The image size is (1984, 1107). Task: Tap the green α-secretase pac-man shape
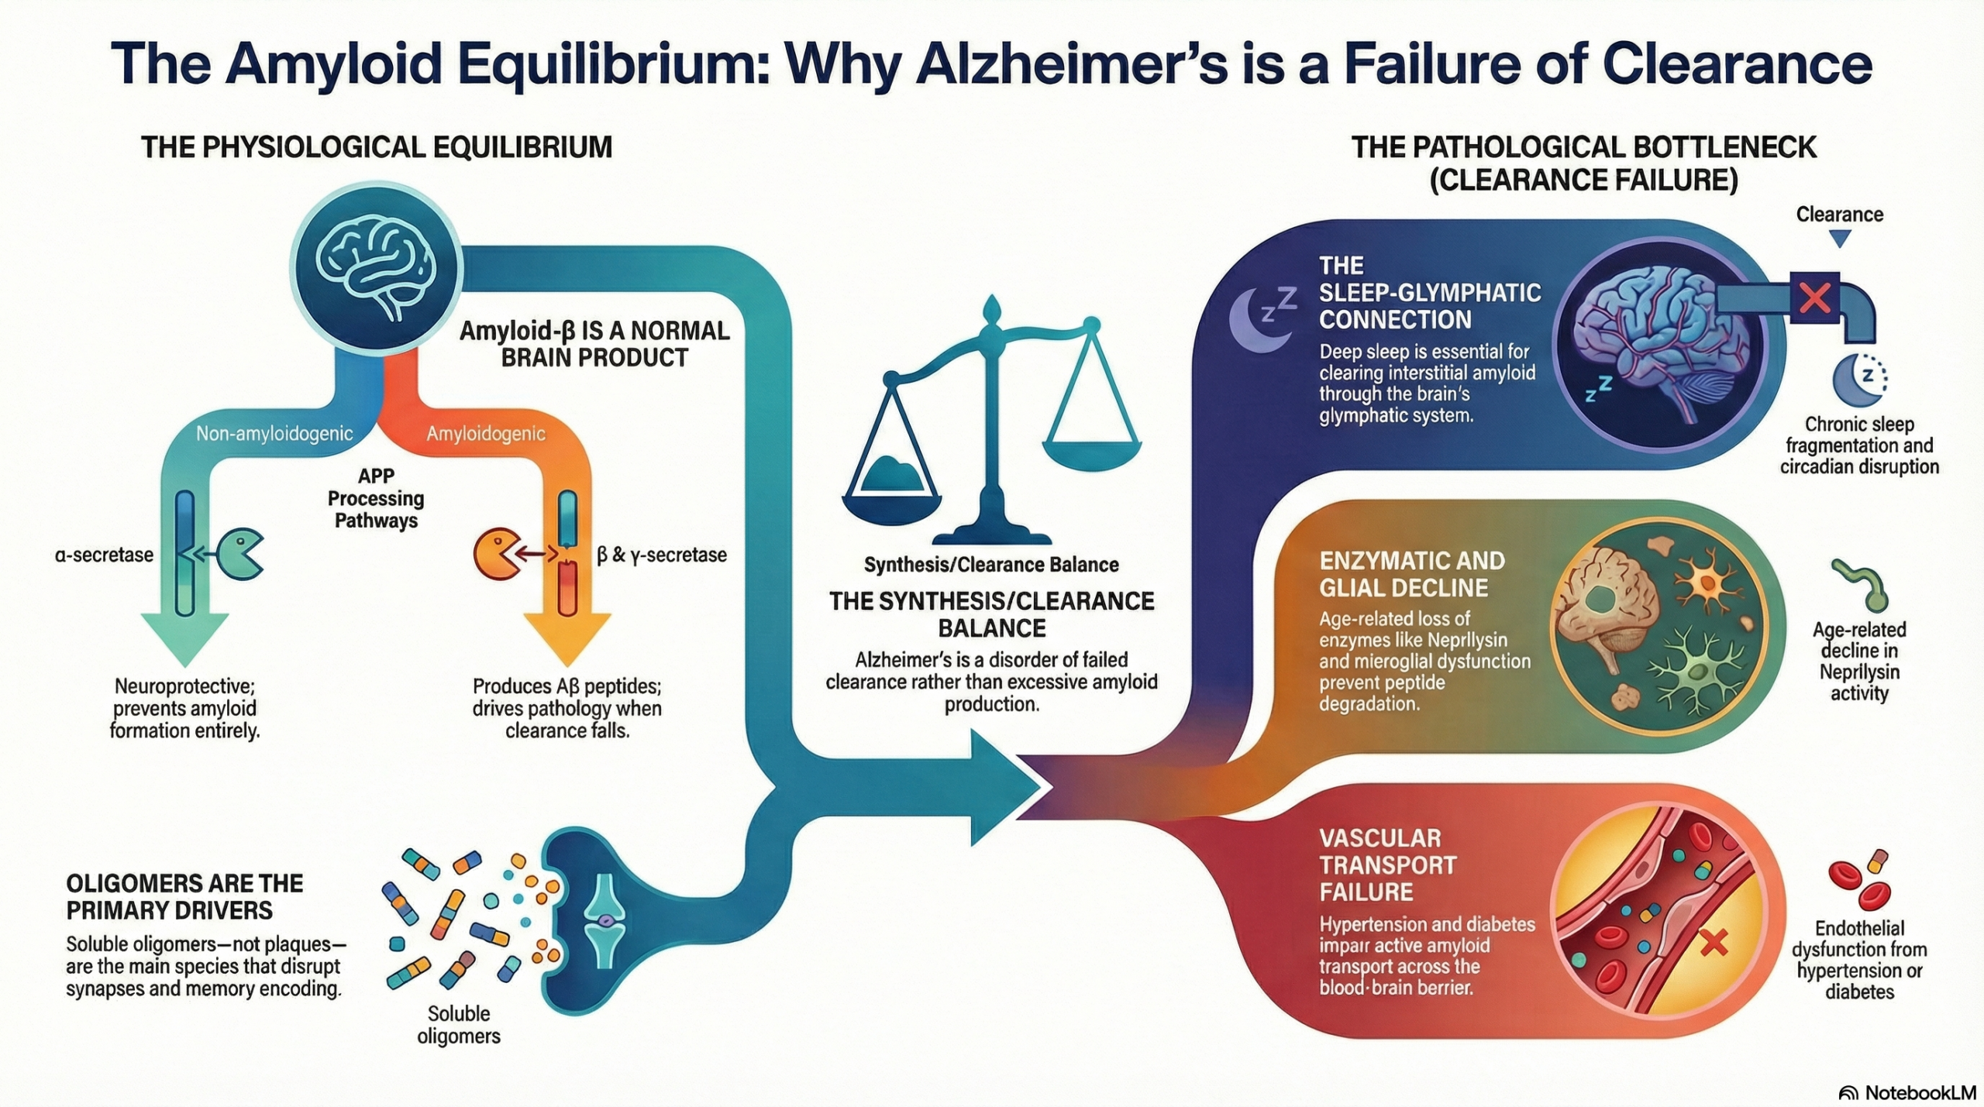(x=239, y=555)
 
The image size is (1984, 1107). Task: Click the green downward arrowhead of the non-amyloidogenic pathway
(x=184, y=637)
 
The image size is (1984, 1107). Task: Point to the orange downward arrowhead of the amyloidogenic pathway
(x=567, y=637)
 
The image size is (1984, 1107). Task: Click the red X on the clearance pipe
(x=1814, y=297)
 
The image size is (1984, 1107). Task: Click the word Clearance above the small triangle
(x=1839, y=215)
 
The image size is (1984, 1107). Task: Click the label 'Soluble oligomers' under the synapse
(x=459, y=1024)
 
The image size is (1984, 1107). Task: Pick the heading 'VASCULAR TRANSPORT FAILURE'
(x=1386, y=865)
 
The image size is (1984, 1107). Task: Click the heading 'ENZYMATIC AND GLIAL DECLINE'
(x=1411, y=574)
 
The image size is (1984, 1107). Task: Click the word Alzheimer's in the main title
(x=1072, y=64)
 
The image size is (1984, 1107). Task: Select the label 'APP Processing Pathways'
(x=376, y=498)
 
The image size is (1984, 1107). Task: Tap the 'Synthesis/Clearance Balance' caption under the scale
(x=991, y=565)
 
